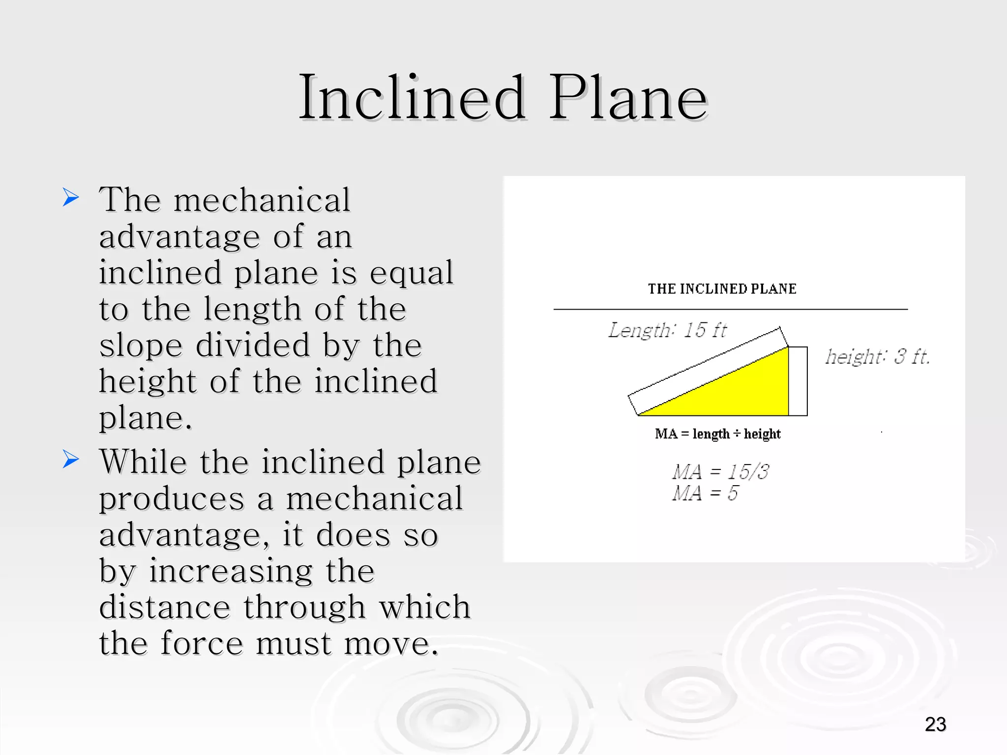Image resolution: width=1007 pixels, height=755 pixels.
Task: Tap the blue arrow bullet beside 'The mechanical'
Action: (71, 198)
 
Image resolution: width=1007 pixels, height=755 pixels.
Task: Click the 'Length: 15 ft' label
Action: (667, 330)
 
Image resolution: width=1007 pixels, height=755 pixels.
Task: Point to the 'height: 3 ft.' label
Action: (878, 356)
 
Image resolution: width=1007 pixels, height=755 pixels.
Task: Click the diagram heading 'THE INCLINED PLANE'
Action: (722, 289)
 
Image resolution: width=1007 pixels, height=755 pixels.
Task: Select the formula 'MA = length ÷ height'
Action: (717, 434)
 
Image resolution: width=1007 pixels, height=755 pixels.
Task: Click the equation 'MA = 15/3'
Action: (720, 472)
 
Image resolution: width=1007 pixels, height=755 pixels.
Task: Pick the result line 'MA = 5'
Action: (705, 493)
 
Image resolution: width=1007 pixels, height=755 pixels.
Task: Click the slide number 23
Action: (935, 724)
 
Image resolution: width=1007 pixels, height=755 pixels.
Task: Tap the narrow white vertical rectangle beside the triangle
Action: (798, 381)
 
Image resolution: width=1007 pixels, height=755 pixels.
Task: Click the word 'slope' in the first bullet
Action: (141, 345)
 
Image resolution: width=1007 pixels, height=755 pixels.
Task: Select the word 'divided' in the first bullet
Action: (253, 345)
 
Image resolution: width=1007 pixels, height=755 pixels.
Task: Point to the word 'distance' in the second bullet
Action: (165, 607)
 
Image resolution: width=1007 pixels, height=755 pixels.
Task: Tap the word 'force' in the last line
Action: (202, 643)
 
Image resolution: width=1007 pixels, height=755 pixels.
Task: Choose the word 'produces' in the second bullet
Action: (172, 499)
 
